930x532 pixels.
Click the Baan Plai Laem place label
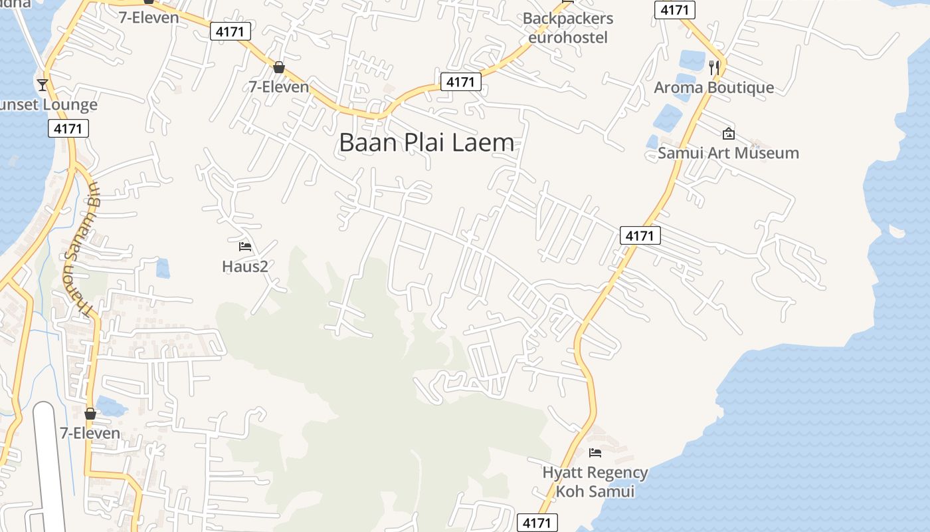(x=426, y=143)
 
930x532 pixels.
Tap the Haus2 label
(x=244, y=267)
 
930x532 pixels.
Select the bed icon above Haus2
(x=244, y=247)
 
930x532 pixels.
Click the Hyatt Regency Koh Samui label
(x=595, y=482)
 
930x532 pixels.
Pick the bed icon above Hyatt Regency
(x=595, y=453)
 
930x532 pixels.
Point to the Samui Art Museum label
(x=728, y=153)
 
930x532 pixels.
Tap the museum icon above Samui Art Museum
(x=728, y=134)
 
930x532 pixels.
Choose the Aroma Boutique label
(x=713, y=88)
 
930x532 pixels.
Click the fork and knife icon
(x=714, y=67)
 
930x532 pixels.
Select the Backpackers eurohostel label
(x=567, y=28)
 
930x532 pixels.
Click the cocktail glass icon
(x=43, y=84)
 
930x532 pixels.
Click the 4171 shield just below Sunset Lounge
(x=68, y=128)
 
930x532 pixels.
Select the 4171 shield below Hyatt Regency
(x=537, y=523)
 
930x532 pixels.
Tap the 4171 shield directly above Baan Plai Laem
(x=460, y=82)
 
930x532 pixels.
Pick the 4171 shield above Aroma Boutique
(x=675, y=10)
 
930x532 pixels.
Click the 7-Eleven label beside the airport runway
(x=90, y=434)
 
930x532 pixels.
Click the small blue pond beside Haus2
(x=163, y=268)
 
